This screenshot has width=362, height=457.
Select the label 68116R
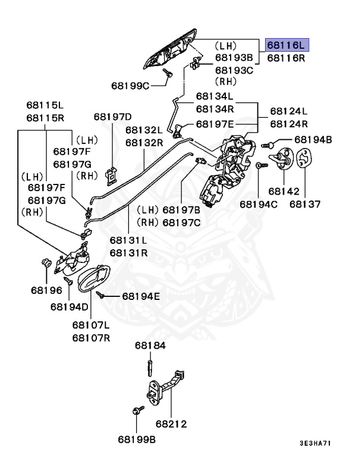(x=288, y=58)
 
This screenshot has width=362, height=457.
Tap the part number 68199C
(x=131, y=84)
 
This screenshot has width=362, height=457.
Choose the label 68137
(x=305, y=204)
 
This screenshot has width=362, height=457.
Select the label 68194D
(x=69, y=306)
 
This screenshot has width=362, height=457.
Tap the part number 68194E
(x=141, y=296)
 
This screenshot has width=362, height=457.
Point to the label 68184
(x=150, y=346)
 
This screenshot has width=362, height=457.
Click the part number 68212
(x=172, y=424)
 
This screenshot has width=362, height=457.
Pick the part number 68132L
(x=144, y=130)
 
